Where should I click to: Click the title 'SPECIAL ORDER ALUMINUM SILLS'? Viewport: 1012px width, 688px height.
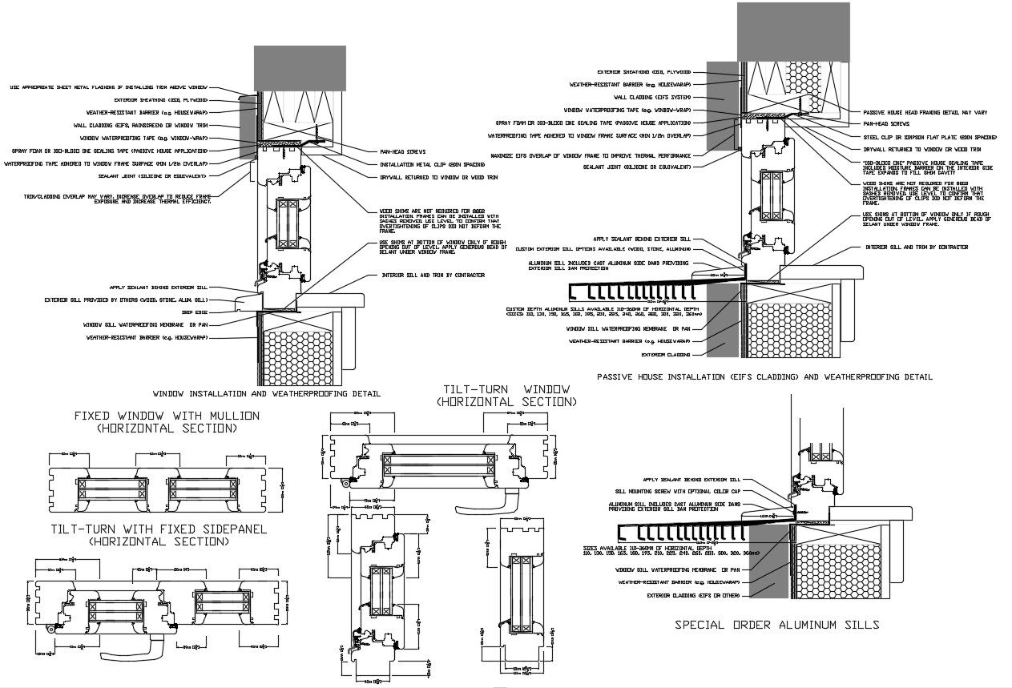[x=776, y=625]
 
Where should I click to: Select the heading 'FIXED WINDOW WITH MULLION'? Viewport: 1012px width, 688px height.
[x=167, y=416]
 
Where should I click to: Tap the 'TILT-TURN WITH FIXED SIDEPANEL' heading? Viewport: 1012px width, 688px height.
[x=159, y=529]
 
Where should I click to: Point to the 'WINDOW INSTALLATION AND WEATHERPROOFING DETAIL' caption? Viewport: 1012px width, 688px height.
[x=266, y=394]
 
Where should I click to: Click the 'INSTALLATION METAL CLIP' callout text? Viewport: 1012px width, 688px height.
[x=424, y=163]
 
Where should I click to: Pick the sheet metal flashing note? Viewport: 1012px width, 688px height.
[x=109, y=87]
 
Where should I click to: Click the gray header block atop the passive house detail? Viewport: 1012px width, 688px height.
[x=793, y=30]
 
